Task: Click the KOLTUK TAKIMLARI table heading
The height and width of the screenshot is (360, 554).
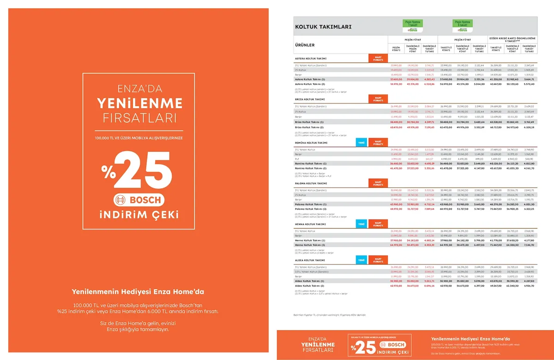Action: pyautogui.click(x=323, y=27)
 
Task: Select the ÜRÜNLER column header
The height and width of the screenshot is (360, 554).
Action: pyautogui.click(x=305, y=45)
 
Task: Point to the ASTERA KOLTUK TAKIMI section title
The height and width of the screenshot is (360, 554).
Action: pyautogui.click(x=311, y=59)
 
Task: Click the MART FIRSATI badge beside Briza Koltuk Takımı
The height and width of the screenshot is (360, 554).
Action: pyautogui.click(x=378, y=99)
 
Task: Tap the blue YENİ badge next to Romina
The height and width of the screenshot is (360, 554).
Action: pyautogui.click(x=361, y=143)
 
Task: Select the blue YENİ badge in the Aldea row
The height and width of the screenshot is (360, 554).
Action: pyautogui.click(x=361, y=260)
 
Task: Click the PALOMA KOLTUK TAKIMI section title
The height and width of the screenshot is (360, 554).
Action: pyautogui.click(x=311, y=184)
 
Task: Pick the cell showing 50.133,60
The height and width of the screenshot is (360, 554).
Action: pyautogui.click(x=512, y=84)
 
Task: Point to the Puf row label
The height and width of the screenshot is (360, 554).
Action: pyautogui.click(x=297, y=158)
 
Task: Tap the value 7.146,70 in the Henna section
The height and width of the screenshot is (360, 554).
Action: pyautogui.click(x=529, y=245)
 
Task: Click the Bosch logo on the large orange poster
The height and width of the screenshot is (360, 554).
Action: pyautogui.click(x=138, y=200)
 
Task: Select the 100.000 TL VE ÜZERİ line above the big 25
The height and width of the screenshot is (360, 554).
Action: pyautogui.click(x=139, y=138)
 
